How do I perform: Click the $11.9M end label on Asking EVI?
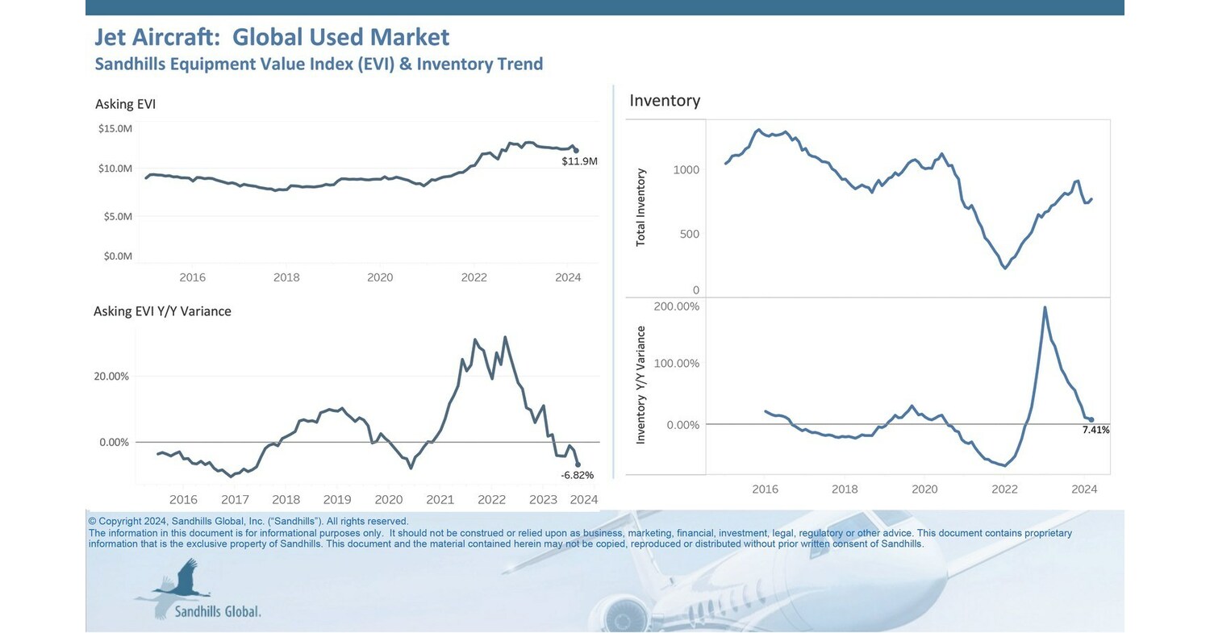tap(579, 161)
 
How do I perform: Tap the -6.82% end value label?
tap(577, 476)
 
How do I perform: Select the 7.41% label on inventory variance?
tap(1095, 431)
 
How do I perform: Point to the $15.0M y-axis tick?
tap(115, 128)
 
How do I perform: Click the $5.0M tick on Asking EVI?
tap(115, 216)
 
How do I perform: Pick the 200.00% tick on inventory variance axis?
tap(676, 306)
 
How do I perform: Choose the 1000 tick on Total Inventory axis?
tap(686, 170)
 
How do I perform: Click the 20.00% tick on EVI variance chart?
tap(112, 377)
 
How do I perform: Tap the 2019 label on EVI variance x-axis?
tap(337, 500)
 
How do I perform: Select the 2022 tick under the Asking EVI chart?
tap(474, 277)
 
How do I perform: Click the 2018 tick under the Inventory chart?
tap(845, 489)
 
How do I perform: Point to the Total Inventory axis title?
tap(641, 207)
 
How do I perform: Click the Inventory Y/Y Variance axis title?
tap(641, 385)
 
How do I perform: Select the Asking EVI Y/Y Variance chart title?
tap(162, 311)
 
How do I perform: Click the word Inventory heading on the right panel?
tap(665, 101)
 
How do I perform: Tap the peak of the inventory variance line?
tap(1045, 307)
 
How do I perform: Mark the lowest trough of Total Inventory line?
tap(1004, 268)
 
